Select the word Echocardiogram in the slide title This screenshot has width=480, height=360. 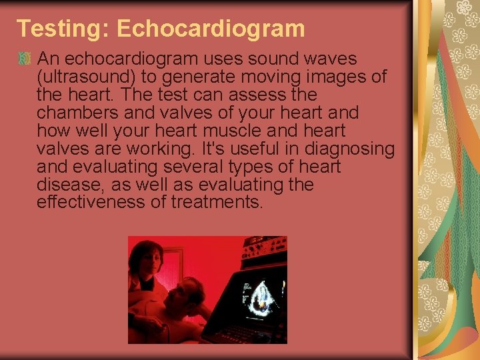pyautogui.click(x=210, y=29)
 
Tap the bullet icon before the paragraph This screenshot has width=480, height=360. pyautogui.click(x=25, y=60)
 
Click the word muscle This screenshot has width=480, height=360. pyautogui.click(x=248, y=131)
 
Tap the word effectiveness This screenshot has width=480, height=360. pyautogui.click(x=91, y=202)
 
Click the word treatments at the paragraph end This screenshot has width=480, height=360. pyautogui.click(x=217, y=202)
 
